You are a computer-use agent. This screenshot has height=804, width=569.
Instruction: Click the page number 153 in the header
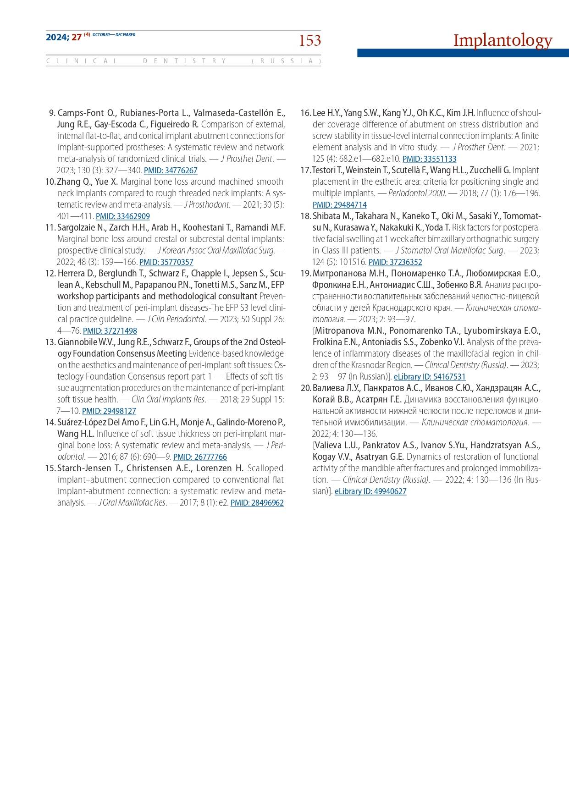click(x=310, y=41)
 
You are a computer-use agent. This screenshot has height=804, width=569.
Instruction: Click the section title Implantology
click(x=503, y=40)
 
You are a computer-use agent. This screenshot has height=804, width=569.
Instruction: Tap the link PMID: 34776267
click(x=171, y=171)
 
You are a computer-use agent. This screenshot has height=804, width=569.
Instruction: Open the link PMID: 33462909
click(x=123, y=216)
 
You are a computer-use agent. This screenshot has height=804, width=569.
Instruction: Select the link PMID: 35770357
click(x=166, y=262)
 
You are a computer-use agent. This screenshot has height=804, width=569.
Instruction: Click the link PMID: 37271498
click(x=110, y=331)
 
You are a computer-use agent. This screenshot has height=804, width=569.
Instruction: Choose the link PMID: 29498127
click(x=109, y=411)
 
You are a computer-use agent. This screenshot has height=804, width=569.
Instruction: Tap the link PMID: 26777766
click(x=200, y=457)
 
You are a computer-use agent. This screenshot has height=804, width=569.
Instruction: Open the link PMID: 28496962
click(x=257, y=503)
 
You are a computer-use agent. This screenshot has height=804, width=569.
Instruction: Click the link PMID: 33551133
click(x=429, y=159)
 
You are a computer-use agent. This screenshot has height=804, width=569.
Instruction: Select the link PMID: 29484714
click(x=339, y=205)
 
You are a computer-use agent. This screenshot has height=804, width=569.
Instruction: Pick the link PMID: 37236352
click(x=395, y=262)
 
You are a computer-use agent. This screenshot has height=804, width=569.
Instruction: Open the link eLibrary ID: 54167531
click(x=430, y=377)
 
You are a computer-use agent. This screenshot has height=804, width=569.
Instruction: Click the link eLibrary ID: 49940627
click(x=370, y=491)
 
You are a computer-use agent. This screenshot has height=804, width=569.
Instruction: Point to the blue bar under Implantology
click(x=463, y=53)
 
